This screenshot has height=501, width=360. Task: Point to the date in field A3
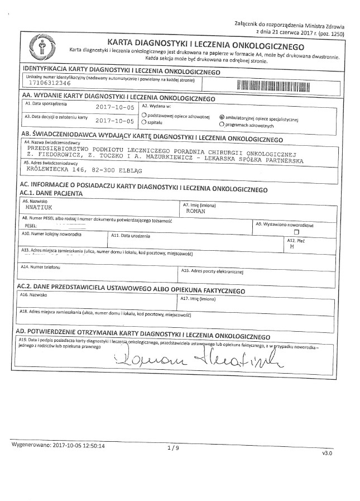point(115,120)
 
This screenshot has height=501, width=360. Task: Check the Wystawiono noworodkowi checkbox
point(296,231)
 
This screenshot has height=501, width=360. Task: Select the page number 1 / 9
point(174,448)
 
